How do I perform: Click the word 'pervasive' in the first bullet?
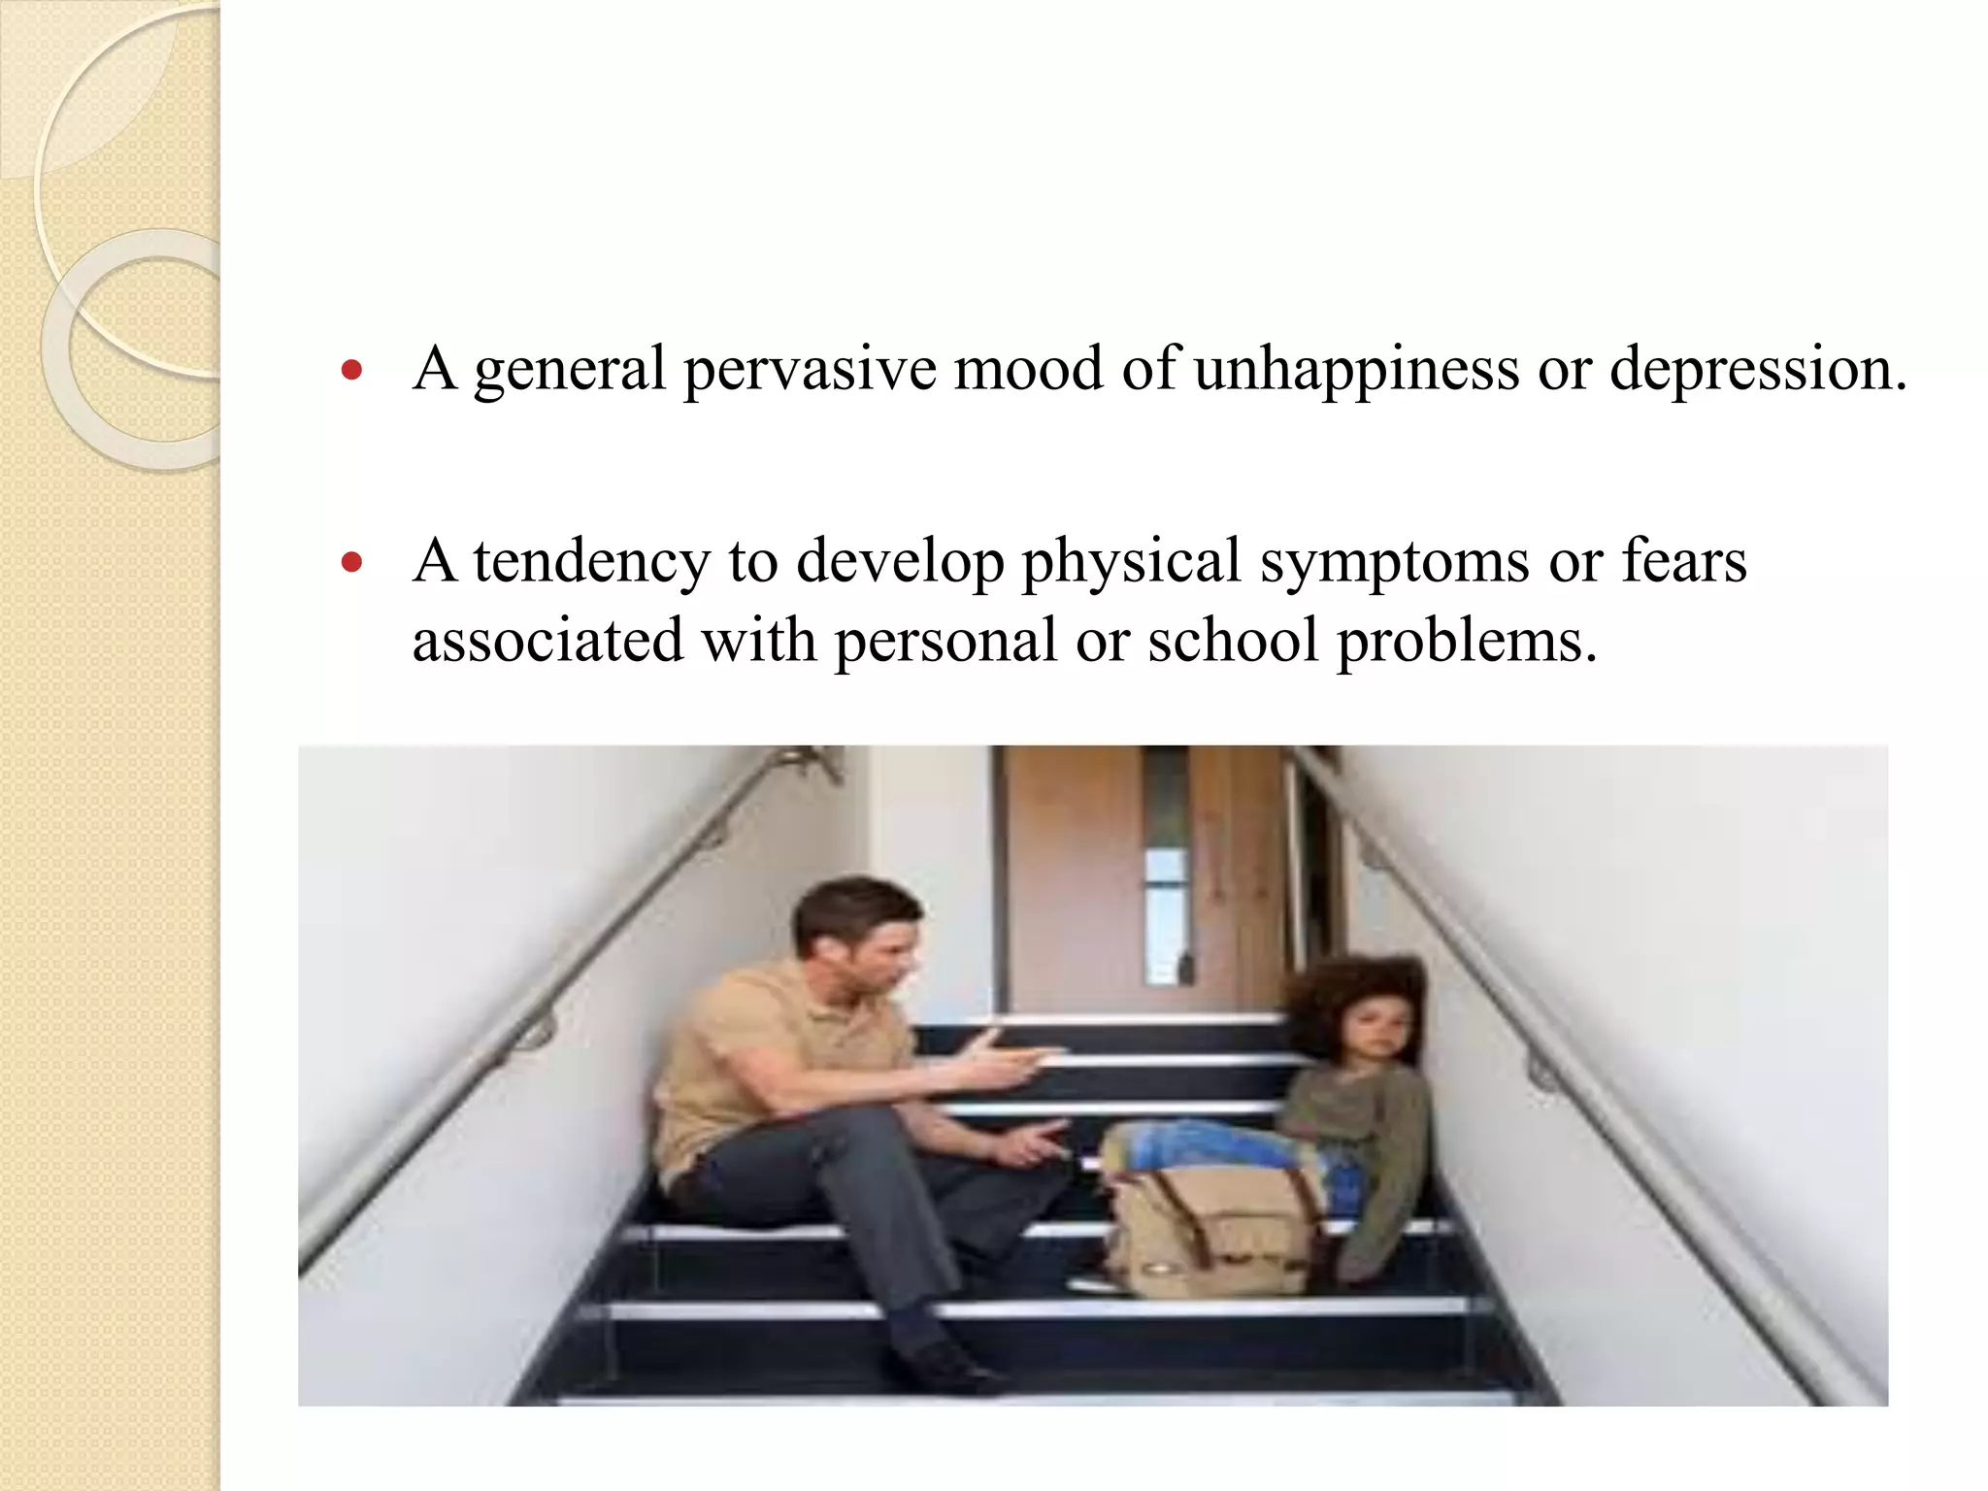pyautogui.click(x=810, y=370)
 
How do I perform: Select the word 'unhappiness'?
pyautogui.click(x=1355, y=370)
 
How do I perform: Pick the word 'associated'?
pyautogui.click(x=547, y=641)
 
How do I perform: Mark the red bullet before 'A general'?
pyautogui.click(x=353, y=371)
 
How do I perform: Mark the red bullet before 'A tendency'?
pyautogui.click(x=353, y=562)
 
